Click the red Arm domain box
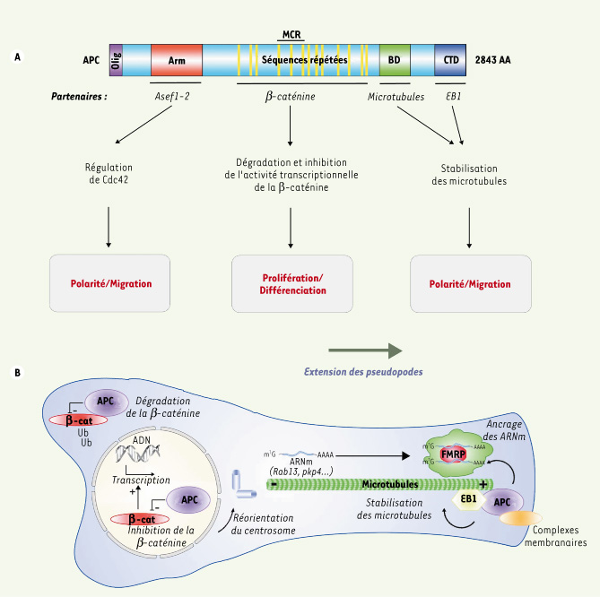176,59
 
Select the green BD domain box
395,59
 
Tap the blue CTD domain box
451,59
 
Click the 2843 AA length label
500,59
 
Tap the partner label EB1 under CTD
455,93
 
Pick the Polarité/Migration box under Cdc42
110,283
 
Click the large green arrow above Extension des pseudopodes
362,351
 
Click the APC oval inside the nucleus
188,499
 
